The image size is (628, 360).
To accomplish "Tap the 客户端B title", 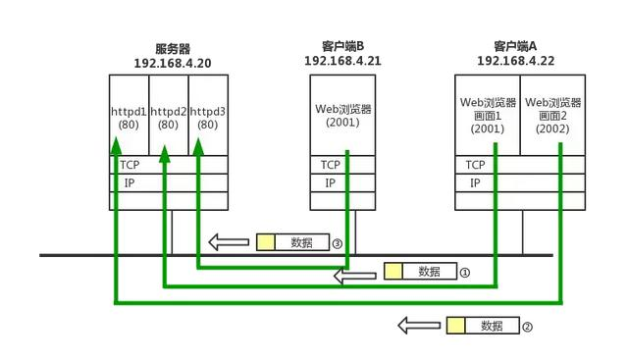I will pos(342,46).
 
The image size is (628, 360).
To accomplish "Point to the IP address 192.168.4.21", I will pos(342,60).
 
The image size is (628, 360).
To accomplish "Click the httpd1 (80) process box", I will pos(129,118).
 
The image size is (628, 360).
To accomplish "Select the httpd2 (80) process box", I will pos(169,118).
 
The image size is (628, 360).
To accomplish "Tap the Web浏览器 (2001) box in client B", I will pos(342,116).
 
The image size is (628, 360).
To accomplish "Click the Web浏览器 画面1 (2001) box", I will pos(488,115).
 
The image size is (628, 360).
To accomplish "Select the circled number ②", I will pos(528,326).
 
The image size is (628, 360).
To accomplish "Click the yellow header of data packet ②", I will pos(456,326).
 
